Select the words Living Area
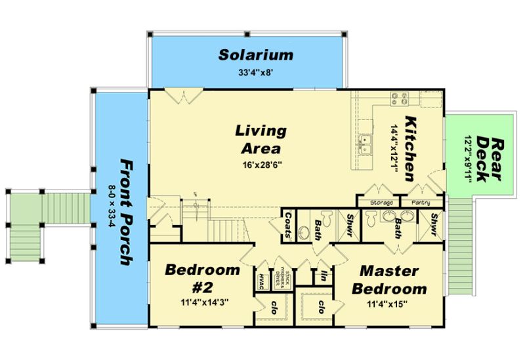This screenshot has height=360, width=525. (x=261, y=139)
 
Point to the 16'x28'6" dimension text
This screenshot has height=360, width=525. (x=261, y=165)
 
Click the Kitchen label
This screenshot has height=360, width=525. (x=411, y=149)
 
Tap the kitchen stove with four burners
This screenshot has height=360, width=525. (x=398, y=98)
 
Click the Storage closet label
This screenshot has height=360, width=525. (x=382, y=203)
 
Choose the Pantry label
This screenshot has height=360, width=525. (x=420, y=203)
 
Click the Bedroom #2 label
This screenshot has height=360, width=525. (x=202, y=278)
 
